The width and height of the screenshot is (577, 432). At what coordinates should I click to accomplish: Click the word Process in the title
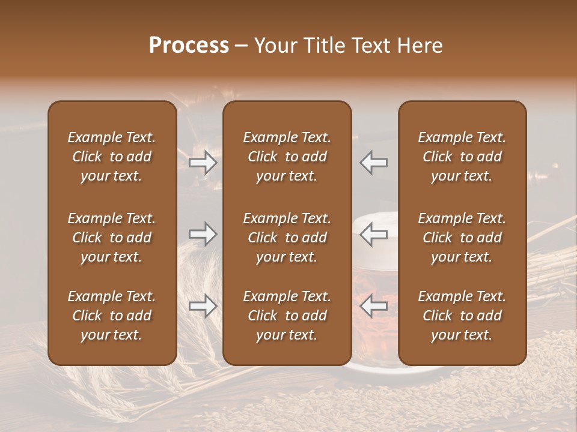click(x=189, y=46)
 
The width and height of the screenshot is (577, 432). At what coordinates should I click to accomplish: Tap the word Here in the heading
click(x=421, y=46)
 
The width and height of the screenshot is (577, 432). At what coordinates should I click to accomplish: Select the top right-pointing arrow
click(x=203, y=163)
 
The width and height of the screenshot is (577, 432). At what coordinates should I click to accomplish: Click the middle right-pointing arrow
click(x=203, y=234)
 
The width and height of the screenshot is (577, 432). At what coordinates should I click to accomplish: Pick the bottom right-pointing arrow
click(x=203, y=306)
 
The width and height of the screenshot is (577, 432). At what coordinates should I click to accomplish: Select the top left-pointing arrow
click(x=374, y=163)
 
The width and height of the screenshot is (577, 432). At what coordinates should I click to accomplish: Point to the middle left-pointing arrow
click(x=374, y=234)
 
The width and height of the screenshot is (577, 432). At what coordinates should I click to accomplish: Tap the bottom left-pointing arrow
click(x=374, y=306)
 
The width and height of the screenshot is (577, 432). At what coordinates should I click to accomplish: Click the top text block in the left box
click(x=112, y=157)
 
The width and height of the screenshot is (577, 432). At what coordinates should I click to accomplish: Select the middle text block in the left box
click(x=112, y=238)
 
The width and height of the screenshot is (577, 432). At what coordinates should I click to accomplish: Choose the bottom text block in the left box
click(x=112, y=316)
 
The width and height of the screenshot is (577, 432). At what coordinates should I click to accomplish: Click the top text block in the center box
click(x=287, y=157)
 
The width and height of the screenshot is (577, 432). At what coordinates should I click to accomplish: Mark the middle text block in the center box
click(x=287, y=238)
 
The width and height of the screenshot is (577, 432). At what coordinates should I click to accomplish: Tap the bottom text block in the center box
click(x=287, y=316)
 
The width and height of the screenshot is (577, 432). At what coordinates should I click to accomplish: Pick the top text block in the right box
click(x=462, y=157)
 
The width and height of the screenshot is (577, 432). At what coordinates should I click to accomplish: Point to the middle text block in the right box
click(x=462, y=238)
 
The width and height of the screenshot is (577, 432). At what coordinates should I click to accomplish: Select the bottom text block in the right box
click(x=462, y=316)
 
